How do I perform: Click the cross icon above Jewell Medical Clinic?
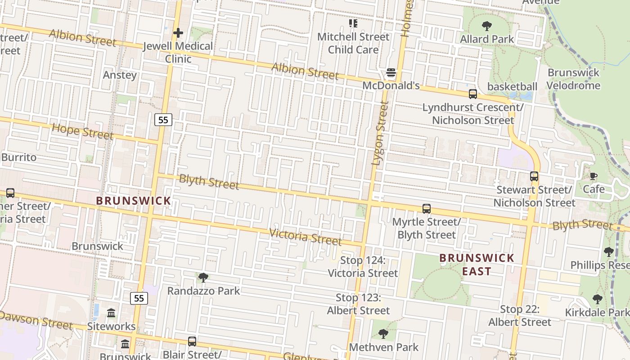[178, 33]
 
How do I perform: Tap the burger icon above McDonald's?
[391, 73]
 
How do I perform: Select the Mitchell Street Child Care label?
[353, 43]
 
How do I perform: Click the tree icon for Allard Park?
[486, 26]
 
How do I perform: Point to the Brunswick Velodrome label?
[574, 79]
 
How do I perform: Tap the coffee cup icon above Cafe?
[594, 176]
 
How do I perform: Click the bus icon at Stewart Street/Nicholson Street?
[534, 176]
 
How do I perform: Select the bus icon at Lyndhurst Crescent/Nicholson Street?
[473, 94]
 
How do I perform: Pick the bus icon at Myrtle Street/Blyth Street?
[427, 209]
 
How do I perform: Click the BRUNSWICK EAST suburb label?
[477, 265]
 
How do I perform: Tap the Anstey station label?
[120, 75]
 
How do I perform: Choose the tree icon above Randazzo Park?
[203, 278]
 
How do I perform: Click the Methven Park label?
[384, 347]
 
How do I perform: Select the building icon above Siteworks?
[111, 313]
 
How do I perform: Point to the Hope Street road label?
[82, 131]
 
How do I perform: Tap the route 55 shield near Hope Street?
[163, 120]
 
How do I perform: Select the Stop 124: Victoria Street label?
[363, 267]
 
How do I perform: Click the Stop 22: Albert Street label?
[520, 315]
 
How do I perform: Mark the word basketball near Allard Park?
[513, 86]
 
